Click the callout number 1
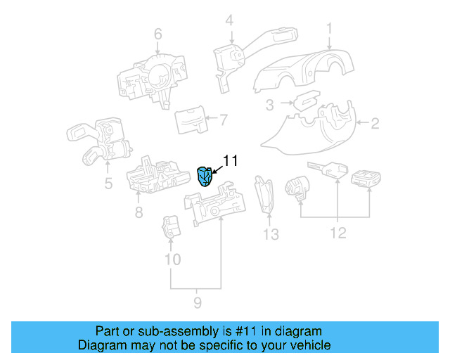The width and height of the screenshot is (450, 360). (x=328, y=28)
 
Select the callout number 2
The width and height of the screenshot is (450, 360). (x=375, y=124)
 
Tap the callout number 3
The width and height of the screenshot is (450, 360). (x=269, y=106)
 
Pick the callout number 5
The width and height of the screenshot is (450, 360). (x=108, y=184)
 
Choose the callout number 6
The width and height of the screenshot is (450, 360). (x=157, y=34)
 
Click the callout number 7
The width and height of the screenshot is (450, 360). (x=224, y=120)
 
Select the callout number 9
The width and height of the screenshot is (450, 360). (x=198, y=302)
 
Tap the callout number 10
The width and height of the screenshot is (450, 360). (x=172, y=259)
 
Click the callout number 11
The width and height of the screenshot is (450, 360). (x=231, y=161)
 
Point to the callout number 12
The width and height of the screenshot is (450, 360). (x=338, y=233)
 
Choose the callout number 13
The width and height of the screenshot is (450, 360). (x=271, y=233)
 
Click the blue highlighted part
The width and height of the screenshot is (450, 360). (x=205, y=175)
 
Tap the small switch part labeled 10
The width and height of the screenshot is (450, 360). (x=172, y=226)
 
